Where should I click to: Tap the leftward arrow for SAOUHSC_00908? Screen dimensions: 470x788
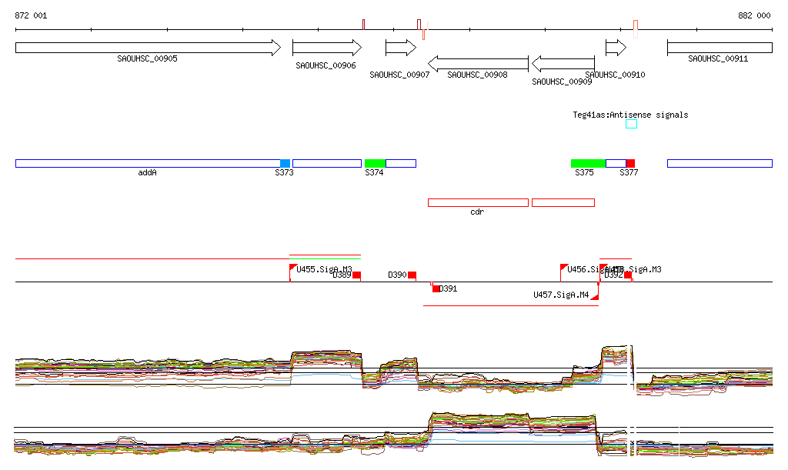pos(478,62)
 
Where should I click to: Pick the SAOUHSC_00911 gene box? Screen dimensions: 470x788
pos(720,48)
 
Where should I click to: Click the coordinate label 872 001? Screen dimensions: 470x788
pos(31,15)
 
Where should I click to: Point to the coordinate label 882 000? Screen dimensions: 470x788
pos(754,15)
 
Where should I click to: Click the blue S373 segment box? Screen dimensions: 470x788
pos(285,163)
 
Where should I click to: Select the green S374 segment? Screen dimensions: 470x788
pos(375,163)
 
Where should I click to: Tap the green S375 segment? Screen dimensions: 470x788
pos(588,163)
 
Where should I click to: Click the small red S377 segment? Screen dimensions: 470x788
pos(630,163)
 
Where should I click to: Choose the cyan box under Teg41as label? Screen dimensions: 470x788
pos(631,124)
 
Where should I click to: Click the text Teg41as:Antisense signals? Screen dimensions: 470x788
pos(630,115)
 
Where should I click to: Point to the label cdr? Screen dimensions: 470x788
pos(476,212)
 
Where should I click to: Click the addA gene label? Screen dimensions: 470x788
pos(147,173)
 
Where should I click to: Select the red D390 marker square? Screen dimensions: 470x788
pos(412,275)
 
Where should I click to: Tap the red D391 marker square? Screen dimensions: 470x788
pos(436,288)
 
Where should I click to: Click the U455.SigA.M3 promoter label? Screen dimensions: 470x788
pos(324,269)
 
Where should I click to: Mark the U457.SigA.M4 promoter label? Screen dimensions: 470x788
pos(561,295)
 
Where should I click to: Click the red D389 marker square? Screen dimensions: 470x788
pos(356,275)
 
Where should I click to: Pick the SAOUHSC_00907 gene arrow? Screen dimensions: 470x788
pos(400,48)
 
